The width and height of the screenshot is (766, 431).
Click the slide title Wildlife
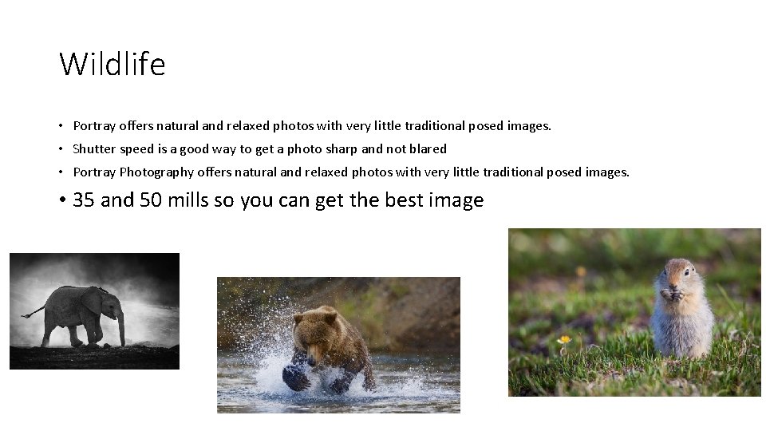pyautogui.click(x=113, y=64)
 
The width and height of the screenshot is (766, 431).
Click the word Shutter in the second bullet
pyautogui.click(x=93, y=148)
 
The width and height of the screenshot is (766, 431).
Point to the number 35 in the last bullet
pyautogui.click(x=84, y=200)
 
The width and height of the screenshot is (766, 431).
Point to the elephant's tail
pyautogui.click(x=34, y=312)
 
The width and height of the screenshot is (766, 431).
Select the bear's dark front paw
pyautogui.click(x=297, y=376)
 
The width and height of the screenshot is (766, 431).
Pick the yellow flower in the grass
pyautogui.click(x=565, y=340)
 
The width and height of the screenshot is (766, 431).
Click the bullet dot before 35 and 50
pyautogui.click(x=61, y=200)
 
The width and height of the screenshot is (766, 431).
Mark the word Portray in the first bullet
pyautogui.click(x=94, y=126)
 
